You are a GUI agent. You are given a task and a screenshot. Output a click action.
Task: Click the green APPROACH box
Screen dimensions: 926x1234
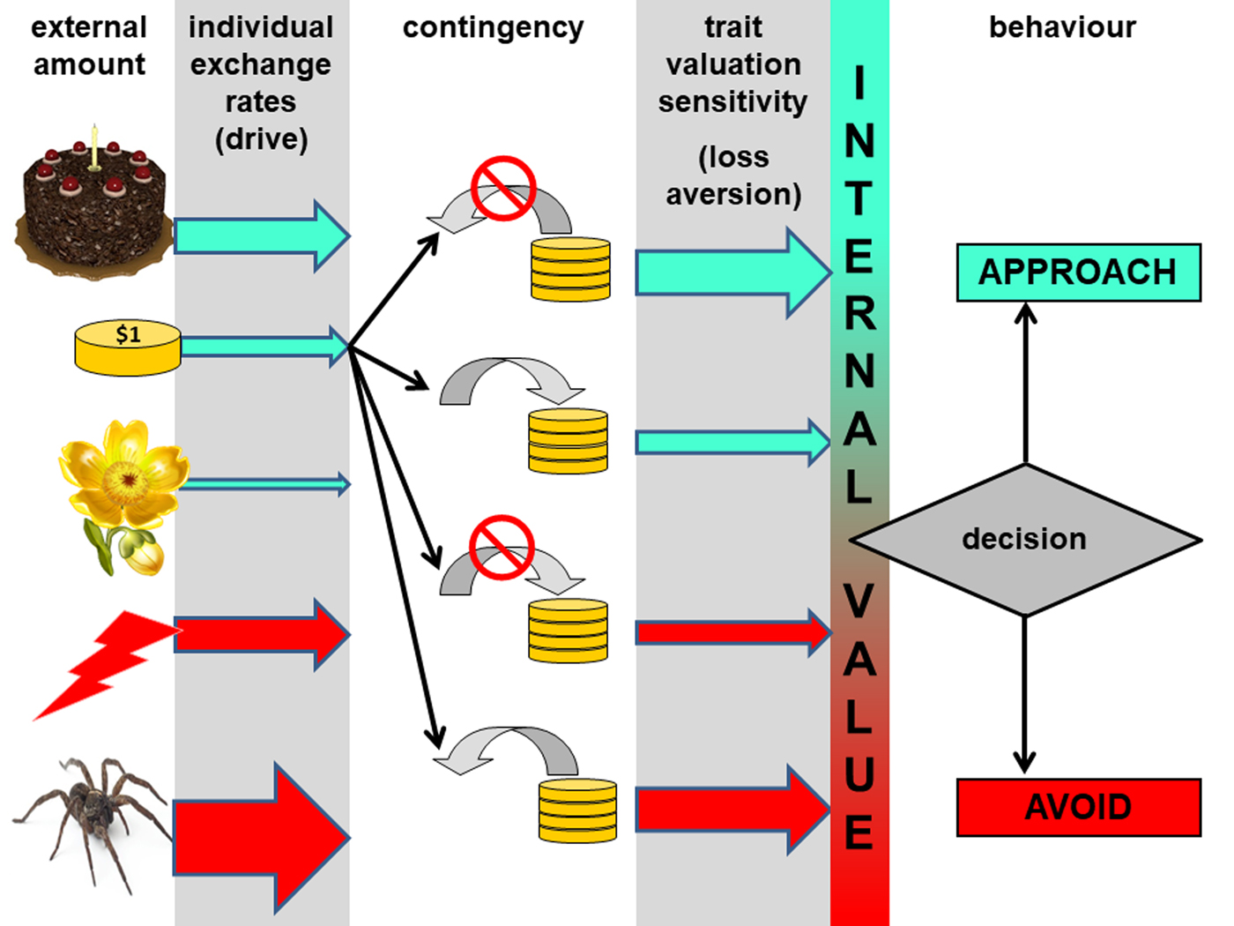pyautogui.click(x=1078, y=273)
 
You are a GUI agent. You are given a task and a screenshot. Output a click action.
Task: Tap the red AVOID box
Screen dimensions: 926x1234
pyautogui.click(x=1078, y=807)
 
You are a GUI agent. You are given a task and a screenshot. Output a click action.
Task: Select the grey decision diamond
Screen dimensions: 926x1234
pyautogui.click(x=1025, y=539)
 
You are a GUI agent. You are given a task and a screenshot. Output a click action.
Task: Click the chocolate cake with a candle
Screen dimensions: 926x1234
pyautogui.click(x=92, y=212)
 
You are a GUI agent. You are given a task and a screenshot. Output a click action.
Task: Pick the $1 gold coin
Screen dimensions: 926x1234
pyautogui.click(x=128, y=348)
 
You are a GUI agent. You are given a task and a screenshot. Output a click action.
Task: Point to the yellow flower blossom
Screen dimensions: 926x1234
pyautogui.click(x=124, y=476)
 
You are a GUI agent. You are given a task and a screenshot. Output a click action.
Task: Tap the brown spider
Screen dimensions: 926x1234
pyautogui.click(x=93, y=816)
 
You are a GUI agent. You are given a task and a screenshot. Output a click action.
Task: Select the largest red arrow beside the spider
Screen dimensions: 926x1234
pyautogui.click(x=261, y=837)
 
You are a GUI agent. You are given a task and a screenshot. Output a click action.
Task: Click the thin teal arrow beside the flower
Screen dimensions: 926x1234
pyautogui.click(x=264, y=483)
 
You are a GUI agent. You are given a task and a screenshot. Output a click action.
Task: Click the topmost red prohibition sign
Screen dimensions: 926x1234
pyautogui.click(x=502, y=188)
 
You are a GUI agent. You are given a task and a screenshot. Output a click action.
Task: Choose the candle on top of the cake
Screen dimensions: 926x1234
pyautogui.click(x=94, y=147)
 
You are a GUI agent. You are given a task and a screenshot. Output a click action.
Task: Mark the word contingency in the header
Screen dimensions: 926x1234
pyautogui.click(x=493, y=27)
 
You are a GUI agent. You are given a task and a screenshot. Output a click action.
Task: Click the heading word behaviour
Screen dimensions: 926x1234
pyautogui.click(x=1062, y=27)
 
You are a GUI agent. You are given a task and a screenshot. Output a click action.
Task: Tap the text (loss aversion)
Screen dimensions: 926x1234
pyautogui.click(x=733, y=175)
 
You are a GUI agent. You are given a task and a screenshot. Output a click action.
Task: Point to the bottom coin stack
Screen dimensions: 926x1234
pyautogui.click(x=577, y=809)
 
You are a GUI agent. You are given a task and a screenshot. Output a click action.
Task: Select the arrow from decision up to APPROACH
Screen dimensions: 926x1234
pyautogui.click(x=1025, y=384)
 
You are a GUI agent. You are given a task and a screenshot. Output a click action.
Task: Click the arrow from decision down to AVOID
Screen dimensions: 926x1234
pyautogui.click(x=1024, y=692)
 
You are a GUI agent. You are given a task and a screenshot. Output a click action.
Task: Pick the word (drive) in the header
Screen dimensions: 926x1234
pyautogui.click(x=261, y=139)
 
